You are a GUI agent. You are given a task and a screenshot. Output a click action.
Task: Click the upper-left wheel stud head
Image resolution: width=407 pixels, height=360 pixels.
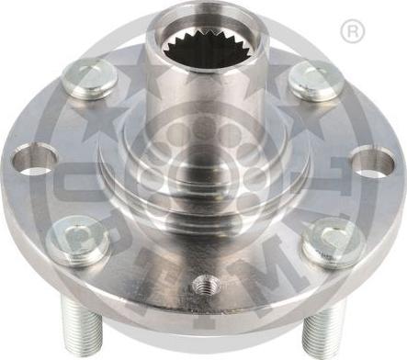tap(91, 77)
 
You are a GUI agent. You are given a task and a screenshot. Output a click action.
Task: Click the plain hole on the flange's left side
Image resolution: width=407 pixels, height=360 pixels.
tap(34, 159)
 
